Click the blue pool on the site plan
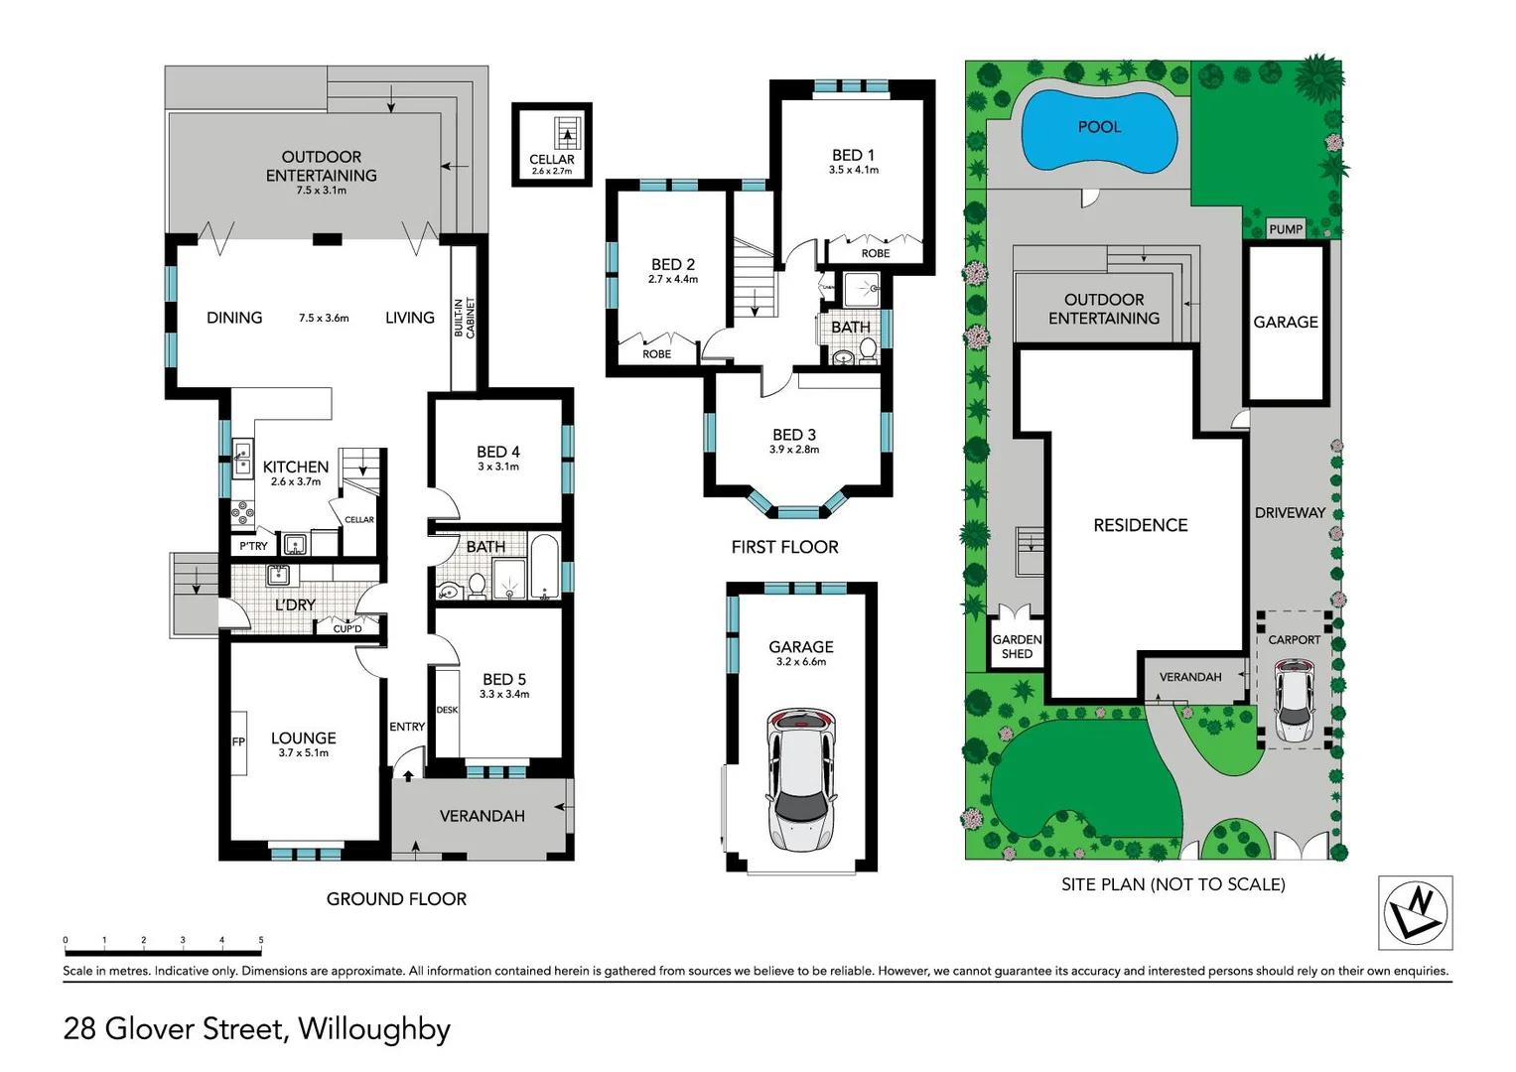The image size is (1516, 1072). click(1099, 129)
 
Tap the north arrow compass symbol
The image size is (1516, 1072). click(1415, 911)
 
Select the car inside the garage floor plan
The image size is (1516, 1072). click(800, 779)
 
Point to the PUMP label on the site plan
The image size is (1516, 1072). click(1286, 229)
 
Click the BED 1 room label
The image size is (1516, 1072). click(853, 156)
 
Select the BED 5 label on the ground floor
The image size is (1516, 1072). click(503, 680)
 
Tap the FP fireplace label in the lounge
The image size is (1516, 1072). click(238, 741)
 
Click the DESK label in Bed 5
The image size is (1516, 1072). click(447, 710)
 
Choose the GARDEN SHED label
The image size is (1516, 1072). click(1017, 646)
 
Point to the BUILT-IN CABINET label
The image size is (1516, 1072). click(465, 318)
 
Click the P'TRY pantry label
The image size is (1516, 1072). click(253, 546)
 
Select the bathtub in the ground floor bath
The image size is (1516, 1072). click(544, 568)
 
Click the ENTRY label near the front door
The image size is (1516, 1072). click(407, 727)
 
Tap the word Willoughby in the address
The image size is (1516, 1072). click(374, 1028)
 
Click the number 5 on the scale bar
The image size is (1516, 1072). click(261, 939)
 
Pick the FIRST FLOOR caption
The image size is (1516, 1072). click(784, 547)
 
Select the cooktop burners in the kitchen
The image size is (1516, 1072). click(242, 512)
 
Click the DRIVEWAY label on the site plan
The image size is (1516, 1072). click(1290, 513)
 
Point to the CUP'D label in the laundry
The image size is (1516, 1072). click(347, 628)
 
